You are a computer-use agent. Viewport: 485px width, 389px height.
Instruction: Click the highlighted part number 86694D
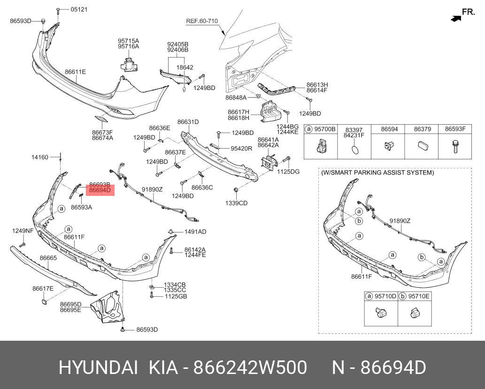(x=100, y=190)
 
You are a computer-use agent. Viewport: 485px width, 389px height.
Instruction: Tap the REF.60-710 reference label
(x=202, y=21)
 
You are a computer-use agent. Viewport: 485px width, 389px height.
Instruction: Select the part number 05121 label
(x=79, y=9)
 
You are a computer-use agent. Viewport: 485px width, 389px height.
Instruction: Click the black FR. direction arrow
(x=456, y=19)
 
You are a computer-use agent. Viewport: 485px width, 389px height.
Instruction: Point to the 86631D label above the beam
(x=188, y=122)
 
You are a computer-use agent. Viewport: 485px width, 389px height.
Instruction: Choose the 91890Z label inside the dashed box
(x=400, y=221)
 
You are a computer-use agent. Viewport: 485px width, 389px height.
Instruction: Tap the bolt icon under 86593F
(x=455, y=147)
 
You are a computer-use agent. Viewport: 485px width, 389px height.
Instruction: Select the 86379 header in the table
(x=422, y=129)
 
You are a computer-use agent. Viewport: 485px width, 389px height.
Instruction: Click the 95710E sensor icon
(x=415, y=313)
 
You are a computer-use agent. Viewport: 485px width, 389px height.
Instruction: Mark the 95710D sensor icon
(x=380, y=313)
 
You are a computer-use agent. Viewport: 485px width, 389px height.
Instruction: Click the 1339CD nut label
(x=236, y=203)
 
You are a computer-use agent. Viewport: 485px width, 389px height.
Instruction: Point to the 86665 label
(x=48, y=258)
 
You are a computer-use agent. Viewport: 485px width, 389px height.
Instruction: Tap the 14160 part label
(x=40, y=157)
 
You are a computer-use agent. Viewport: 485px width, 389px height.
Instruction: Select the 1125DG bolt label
(x=288, y=172)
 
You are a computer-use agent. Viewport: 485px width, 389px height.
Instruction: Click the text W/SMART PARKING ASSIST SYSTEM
(x=377, y=172)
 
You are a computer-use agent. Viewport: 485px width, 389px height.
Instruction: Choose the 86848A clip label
(x=236, y=97)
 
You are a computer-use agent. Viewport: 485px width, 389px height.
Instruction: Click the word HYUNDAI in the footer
(x=98, y=368)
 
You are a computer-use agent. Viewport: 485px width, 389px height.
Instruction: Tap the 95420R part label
(x=241, y=149)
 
